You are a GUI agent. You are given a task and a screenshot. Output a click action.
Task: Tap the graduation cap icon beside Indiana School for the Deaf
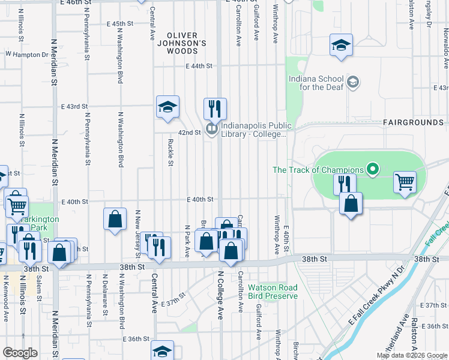click(x=354, y=81)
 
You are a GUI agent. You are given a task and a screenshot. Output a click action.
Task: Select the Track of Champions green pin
click(x=373, y=170)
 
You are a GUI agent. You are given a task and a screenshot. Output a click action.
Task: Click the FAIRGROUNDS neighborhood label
click(x=413, y=122)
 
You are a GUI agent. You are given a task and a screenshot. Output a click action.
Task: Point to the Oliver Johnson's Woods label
click(x=186, y=43)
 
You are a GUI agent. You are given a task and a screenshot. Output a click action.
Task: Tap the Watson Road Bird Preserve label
click(x=273, y=291)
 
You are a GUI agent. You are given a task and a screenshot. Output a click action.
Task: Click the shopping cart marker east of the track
click(x=405, y=181)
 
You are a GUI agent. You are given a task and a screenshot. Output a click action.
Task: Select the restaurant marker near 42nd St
click(x=215, y=109)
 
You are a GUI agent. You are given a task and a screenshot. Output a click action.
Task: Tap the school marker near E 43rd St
click(x=167, y=107)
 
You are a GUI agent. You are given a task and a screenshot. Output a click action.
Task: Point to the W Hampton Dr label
click(x=27, y=54)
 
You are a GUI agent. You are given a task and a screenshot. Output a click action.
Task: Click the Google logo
click(x=20, y=353)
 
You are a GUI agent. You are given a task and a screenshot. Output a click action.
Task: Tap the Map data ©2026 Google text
click(x=412, y=356)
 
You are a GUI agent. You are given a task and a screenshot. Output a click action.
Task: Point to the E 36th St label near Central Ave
click(x=136, y=339)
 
